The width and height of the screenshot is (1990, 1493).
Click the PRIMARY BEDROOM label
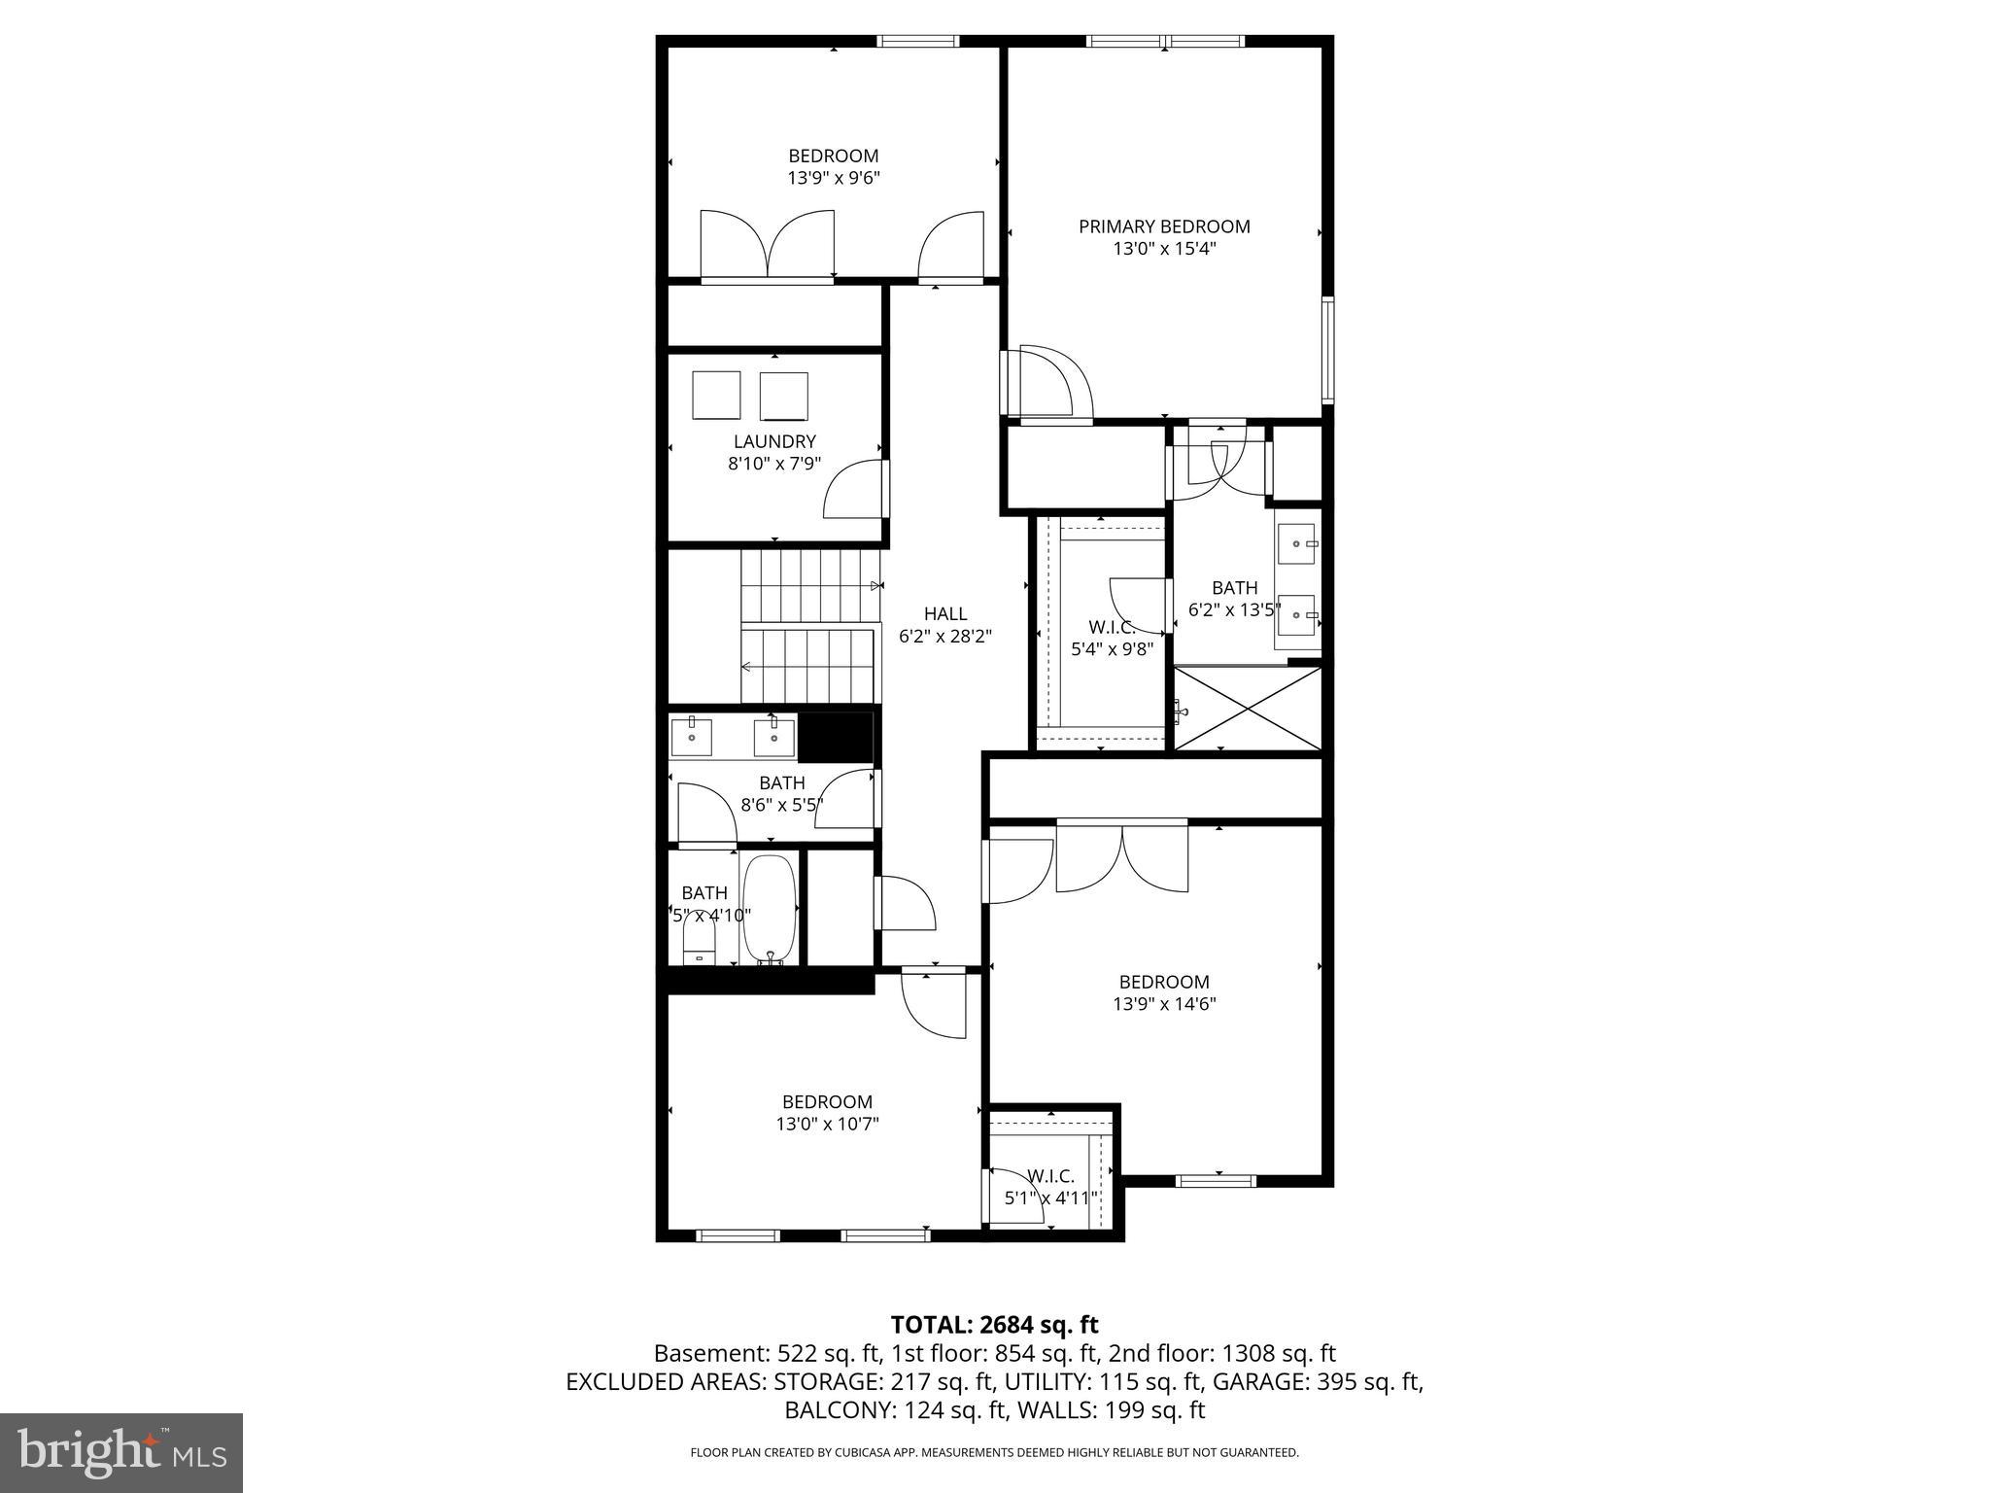click(1164, 226)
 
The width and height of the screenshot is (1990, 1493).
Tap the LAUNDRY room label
click(774, 441)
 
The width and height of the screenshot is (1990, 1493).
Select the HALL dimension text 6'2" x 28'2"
click(944, 637)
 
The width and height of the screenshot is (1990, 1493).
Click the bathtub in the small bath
click(770, 909)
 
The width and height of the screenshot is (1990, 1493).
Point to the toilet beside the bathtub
click(699, 940)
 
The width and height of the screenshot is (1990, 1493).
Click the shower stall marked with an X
click(1249, 709)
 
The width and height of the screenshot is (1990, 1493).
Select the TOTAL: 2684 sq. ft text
click(994, 1325)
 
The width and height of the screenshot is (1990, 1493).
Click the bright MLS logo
click(121, 1452)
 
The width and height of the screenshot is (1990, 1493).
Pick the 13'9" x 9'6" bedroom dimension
click(834, 178)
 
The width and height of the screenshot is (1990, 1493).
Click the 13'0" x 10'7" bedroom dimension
click(827, 1124)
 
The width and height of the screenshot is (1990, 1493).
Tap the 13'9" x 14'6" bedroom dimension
click(1164, 1004)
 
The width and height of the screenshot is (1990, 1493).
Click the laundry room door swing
click(855, 491)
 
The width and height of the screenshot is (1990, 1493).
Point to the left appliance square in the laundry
click(716, 395)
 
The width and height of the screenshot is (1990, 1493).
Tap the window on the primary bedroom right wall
click(1327, 351)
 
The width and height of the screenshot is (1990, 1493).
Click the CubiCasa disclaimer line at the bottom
click(994, 1453)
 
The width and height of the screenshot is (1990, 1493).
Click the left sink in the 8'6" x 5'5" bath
click(692, 738)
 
